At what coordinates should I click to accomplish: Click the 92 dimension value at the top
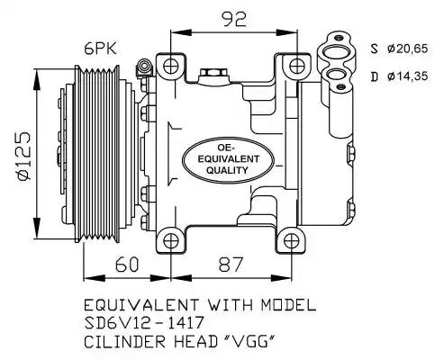point(234,19)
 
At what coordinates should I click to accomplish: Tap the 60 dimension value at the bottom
point(127,265)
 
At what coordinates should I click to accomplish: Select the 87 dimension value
point(231,265)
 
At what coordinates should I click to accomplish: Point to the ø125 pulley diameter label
point(24,156)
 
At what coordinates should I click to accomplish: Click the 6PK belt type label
point(100,49)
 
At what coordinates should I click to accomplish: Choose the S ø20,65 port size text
point(399,49)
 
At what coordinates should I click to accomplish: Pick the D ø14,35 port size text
point(399,76)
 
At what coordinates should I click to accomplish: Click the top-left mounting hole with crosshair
point(171,67)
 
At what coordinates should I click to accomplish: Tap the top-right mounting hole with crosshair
point(297,67)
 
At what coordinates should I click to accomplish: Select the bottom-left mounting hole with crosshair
point(171,241)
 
